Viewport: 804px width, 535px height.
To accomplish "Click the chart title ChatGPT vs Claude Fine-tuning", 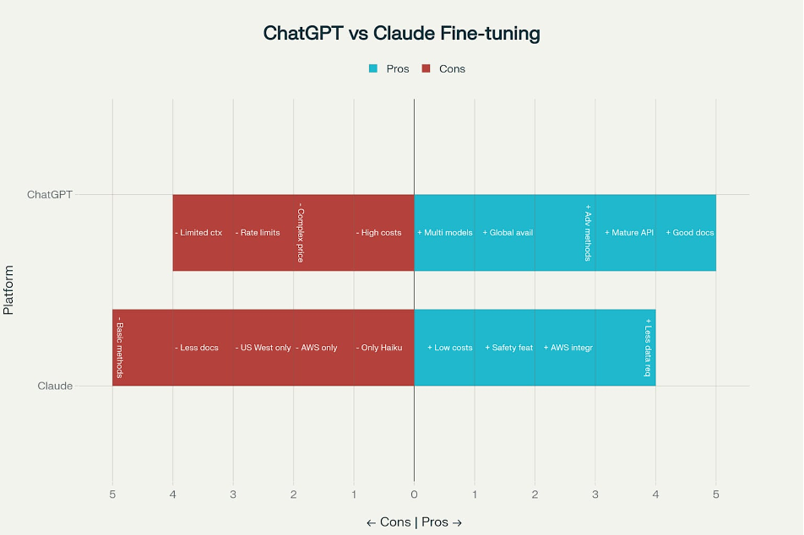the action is pos(401,33).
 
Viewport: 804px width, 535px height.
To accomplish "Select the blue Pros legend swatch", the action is pos(373,68).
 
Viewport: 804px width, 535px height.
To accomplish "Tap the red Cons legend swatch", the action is pos(426,68).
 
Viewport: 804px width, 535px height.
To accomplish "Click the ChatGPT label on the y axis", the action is pos(50,195).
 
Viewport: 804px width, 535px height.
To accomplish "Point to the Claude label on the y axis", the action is pos(55,386).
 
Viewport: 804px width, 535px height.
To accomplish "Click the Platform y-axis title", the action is pos(8,290).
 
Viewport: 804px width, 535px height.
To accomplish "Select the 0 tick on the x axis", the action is pos(415,494).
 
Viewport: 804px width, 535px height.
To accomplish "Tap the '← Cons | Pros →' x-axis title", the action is pos(415,522).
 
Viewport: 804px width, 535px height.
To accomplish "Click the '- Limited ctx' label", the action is pos(198,233).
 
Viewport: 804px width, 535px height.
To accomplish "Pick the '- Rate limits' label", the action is pos(258,233).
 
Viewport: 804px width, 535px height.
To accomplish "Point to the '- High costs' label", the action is pos(379,233).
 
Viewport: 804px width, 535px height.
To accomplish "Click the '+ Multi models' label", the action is pos(445,233).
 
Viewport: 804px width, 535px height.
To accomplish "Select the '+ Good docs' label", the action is pos(690,233).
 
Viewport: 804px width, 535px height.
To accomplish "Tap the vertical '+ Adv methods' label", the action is pos(588,233).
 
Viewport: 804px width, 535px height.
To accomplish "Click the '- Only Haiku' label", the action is pos(379,348).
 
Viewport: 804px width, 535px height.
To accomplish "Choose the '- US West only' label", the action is pos(263,348).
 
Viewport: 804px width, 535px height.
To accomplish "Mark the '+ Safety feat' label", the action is pos(509,348).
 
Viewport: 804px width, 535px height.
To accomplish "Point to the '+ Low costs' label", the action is pos(450,348).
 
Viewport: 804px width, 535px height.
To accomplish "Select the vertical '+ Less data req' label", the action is pos(648,348).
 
